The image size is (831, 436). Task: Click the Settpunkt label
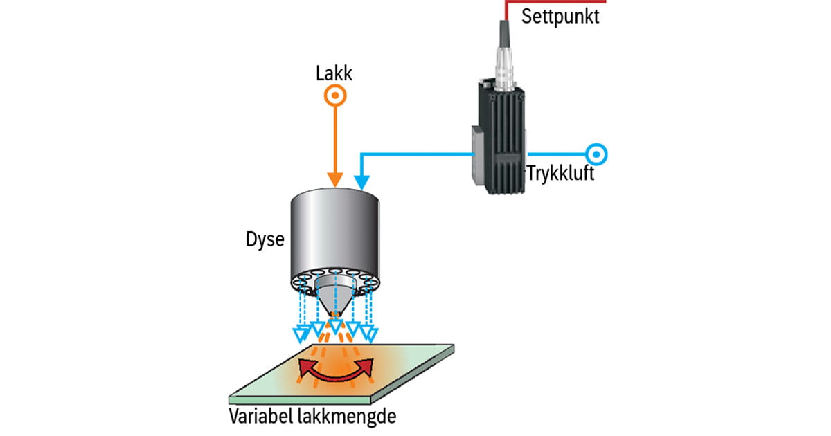(560, 15)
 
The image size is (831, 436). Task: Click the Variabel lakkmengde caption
(315, 417)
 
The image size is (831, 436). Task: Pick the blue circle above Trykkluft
(596, 153)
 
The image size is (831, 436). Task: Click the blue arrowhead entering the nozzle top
(360, 183)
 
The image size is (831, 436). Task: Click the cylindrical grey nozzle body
(336, 228)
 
